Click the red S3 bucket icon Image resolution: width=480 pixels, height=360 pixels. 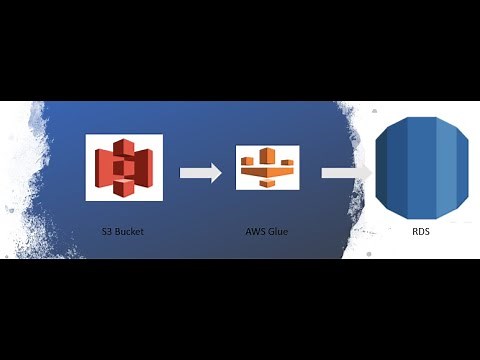(124, 167)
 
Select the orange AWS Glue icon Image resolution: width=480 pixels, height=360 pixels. (266, 168)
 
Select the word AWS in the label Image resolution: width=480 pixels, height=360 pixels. (256, 231)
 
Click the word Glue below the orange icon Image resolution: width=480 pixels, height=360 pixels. (279, 231)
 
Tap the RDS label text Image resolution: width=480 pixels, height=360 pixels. (421, 231)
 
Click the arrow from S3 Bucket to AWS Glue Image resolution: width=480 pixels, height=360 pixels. (201, 173)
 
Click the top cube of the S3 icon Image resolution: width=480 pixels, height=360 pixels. (124, 148)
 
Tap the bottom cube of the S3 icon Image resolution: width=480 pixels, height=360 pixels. (124, 187)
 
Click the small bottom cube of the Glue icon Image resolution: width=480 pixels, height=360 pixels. (266, 185)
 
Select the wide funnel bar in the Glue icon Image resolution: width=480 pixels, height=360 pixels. (266, 172)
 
